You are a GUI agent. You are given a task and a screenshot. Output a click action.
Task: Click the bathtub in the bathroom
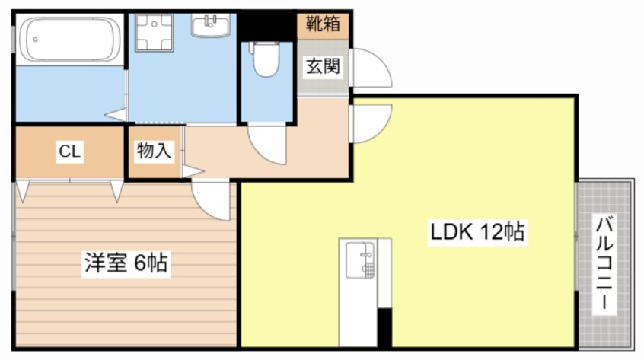68,40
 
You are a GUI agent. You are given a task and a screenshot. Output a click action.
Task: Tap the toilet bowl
265,60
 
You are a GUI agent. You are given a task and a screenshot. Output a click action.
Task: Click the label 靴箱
323,24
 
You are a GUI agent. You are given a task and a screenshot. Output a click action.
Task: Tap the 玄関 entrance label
323,66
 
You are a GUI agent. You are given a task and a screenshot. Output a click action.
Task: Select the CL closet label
70,151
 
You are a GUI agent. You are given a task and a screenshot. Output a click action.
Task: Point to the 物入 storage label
154,151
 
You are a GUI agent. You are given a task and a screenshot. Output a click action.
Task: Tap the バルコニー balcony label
605,263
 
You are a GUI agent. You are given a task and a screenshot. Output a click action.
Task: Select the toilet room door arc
266,145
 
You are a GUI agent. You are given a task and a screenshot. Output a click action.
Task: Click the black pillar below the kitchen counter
384,328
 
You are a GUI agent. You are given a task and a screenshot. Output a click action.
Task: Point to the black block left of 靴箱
266,24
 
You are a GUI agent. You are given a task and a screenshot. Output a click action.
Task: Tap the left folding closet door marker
23,190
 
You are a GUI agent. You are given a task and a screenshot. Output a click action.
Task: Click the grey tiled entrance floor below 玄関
323,85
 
